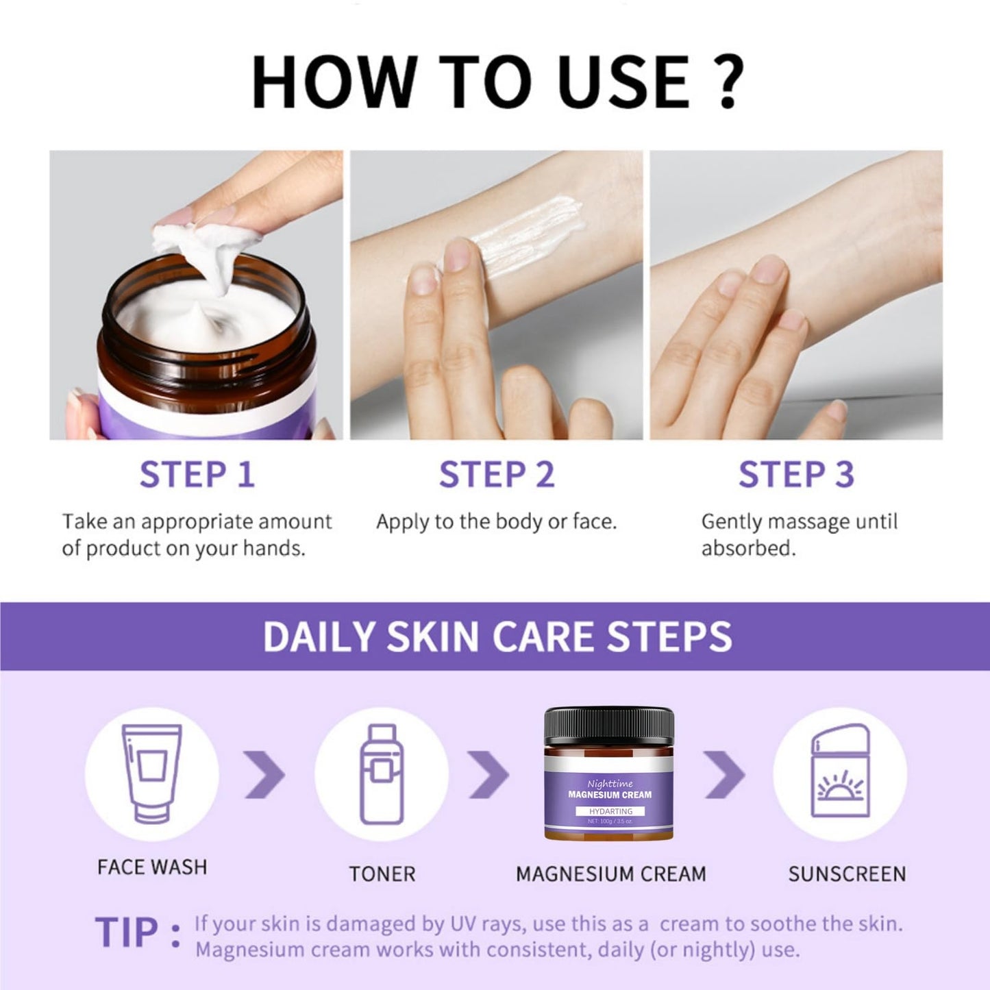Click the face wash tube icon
(x=151, y=773)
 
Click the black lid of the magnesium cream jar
(x=609, y=726)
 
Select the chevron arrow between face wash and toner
(x=264, y=774)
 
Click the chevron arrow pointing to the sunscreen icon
(x=724, y=774)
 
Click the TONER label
(x=382, y=874)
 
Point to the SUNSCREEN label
(x=847, y=874)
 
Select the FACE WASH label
(x=152, y=867)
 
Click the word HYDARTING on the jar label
(x=611, y=811)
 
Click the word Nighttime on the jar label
(x=610, y=784)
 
